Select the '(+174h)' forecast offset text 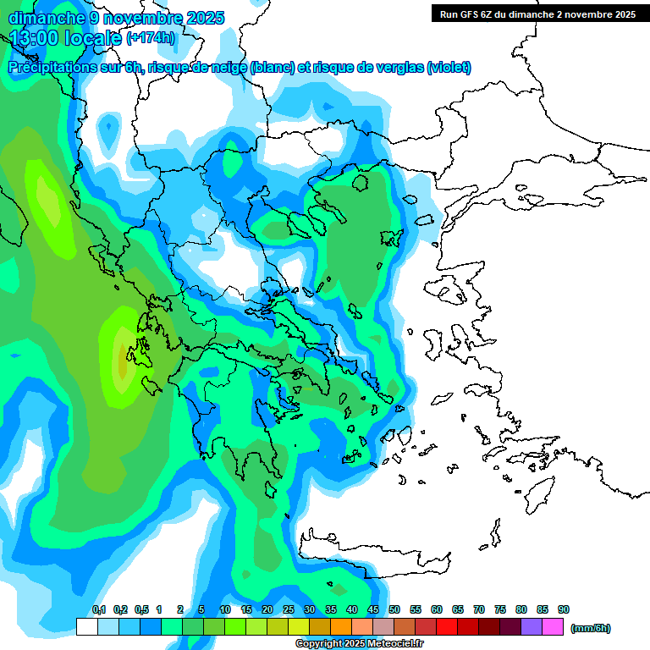point(151,38)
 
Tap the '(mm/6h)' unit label point(590,628)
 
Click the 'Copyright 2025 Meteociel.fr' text point(359,644)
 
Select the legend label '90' point(564,610)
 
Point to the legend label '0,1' point(99,610)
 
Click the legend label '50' point(394,610)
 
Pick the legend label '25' point(289,610)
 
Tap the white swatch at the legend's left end point(86,627)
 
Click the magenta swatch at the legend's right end point(553,627)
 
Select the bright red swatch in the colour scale point(447,627)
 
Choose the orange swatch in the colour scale point(341,627)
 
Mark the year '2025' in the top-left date point(204,18)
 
